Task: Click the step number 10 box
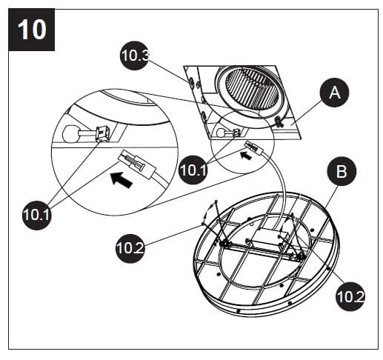(x=30, y=30)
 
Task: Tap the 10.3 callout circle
(x=135, y=56)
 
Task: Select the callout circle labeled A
(x=335, y=94)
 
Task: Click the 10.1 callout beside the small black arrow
(x=195, y=169)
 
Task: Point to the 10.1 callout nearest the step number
(x=37, y=215)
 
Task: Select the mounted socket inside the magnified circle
(x=99, y=133)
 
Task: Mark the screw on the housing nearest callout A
(x=279, y=121)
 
